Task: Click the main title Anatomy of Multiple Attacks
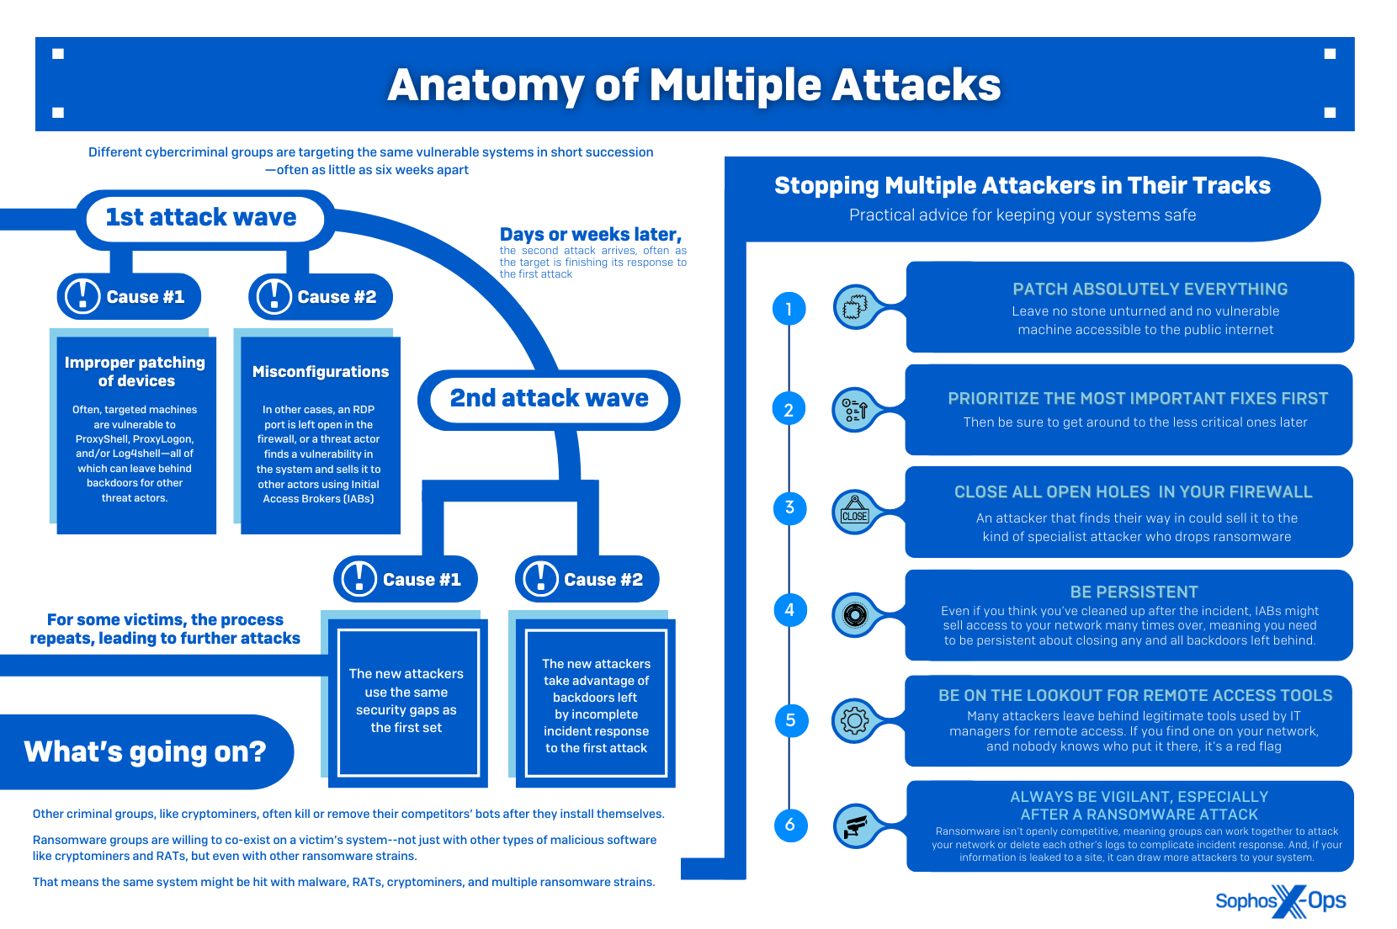click(x=693, y=85)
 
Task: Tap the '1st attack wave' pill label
click(x=201, y=217)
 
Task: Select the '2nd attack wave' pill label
click(x=549, y=398)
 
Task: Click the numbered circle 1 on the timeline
click(x=789, y=309)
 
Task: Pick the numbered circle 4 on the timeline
click(x=789, y=610)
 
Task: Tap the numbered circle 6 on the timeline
click(x=789, y=825)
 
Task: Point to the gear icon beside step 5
click(x=854, y=720)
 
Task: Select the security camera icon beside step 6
click(x=855, y=825)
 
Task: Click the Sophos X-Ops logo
click(x=1280, y=901)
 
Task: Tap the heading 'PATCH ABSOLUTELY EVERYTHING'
click(x=1150, y=289)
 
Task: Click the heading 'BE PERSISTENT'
click(x=1134, y=592)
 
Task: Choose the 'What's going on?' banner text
click(x=145, y=751)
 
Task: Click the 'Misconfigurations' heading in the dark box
click(x=321, y=372)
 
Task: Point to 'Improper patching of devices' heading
click(x=135, y=371)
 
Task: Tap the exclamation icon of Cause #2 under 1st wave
click(x=274, y=296)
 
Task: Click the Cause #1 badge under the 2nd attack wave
click(x=406, y=579)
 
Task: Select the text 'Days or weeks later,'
click(x=590, y=235)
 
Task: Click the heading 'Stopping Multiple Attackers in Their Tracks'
click(x=1022, y=186)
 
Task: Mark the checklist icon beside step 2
click(x=854, y=410)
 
